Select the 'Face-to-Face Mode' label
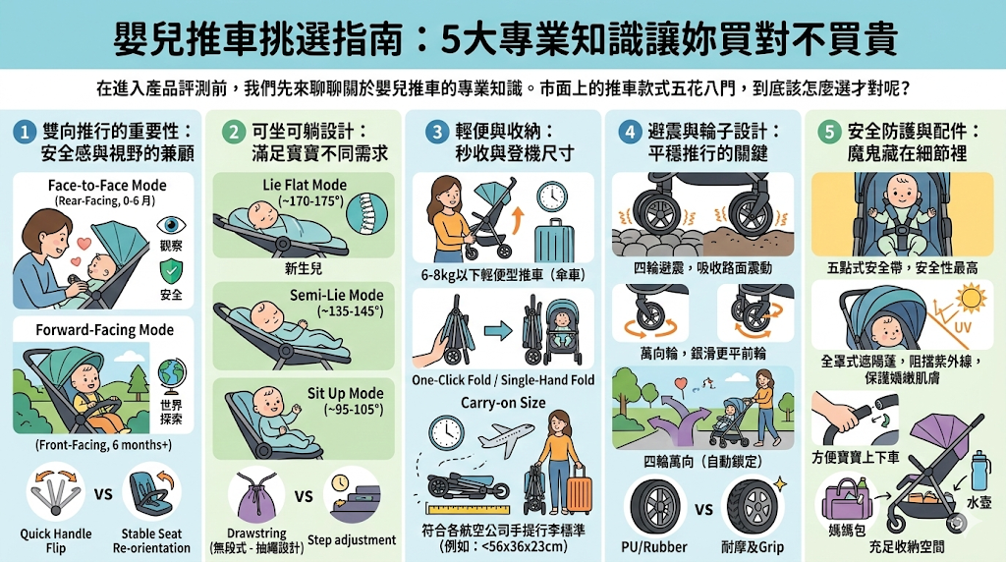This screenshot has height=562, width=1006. [x=107, y=185]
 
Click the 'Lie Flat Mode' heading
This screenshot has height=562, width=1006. [x=305, y=185]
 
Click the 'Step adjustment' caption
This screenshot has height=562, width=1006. [x=352, y=539]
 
